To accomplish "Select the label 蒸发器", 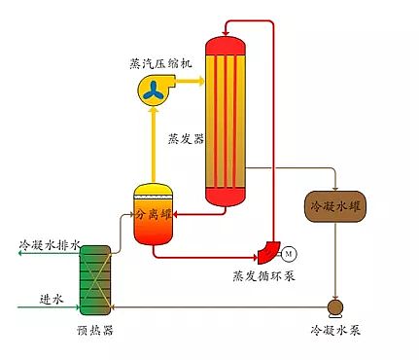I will point(186,139).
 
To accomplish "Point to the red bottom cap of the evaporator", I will point(230,198).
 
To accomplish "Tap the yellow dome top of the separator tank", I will point(154,192).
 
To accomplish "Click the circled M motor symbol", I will point(289,254).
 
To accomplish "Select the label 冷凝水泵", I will point(335,331).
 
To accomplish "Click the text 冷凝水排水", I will point(49,243).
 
